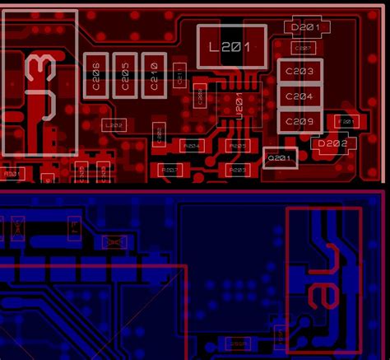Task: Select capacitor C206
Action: (x=95, y=75)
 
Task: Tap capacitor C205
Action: (x=124, y=75)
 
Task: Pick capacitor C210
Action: (x=153, y=75)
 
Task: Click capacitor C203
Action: (x=300, y=72)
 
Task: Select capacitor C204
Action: (x=300, y=96)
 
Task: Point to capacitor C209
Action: (x=300, y=122)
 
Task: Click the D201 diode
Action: (x=306, y=27)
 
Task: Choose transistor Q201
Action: (x=280, y=157)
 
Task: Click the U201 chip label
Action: (x=239, y=107)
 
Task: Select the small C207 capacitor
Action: (x=304, y=48)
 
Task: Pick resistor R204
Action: (x=191, y=145)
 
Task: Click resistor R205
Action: (x=237, y=145)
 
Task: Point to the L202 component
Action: (x=114, y=125)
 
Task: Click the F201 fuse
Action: (x=346, y=122)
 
